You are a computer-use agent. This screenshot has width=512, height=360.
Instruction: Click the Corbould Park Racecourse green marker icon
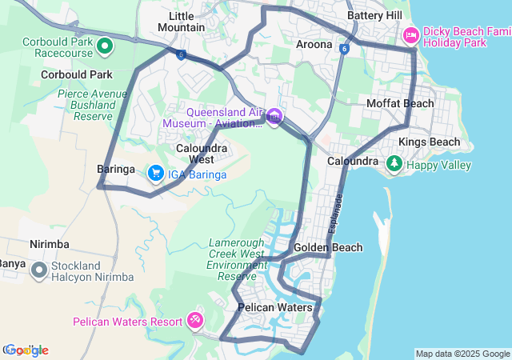click(105, 46)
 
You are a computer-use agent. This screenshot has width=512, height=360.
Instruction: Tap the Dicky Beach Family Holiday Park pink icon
click(411, 34)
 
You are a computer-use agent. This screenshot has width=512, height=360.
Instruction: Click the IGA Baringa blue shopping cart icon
click(155, 173)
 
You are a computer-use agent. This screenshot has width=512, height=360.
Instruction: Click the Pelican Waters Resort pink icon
click(194, 321)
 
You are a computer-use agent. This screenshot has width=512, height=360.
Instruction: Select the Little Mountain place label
click(182, 22)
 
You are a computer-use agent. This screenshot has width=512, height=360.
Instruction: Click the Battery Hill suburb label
click(374, 16)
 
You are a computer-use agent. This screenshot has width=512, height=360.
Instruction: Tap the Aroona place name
click(314, 45)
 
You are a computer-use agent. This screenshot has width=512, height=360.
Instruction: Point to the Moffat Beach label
click(400, 103)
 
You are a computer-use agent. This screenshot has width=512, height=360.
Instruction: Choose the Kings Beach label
click(430, 142)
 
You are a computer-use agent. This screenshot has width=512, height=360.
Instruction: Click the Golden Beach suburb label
click(328, 248)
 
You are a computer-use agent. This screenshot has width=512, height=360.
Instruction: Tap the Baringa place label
click(116, 170)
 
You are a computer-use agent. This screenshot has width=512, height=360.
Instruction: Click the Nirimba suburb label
click(49, 244)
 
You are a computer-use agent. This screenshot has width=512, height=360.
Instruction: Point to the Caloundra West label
click(202, 154)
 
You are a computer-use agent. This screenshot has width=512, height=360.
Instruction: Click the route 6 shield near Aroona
click(342, 49)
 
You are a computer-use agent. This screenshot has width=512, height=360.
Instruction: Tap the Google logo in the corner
click(26, 350)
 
